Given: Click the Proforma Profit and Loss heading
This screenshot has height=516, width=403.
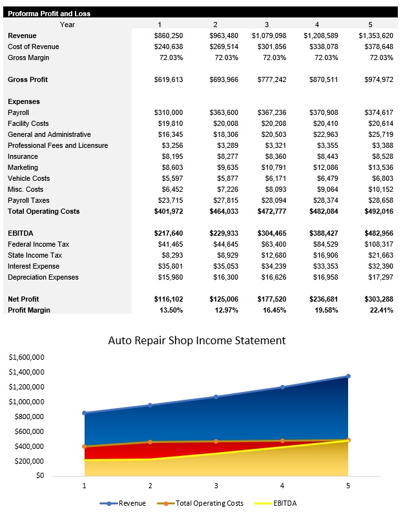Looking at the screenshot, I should point(49,14).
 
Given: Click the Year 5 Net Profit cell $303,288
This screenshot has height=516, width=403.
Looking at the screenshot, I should point(375,300).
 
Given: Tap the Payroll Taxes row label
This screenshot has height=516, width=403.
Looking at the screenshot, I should point(30,200).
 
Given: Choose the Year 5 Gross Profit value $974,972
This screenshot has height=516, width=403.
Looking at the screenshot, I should point(375,79).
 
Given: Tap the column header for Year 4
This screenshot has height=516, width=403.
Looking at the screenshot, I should point(316,25).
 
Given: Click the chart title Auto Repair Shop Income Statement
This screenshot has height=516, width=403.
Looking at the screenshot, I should point(196,340).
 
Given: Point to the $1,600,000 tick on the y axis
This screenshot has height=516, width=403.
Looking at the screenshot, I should point(26,357).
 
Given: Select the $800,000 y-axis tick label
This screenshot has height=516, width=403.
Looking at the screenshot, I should point(28,417).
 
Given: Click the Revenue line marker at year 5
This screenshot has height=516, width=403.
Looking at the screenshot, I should point(348,376).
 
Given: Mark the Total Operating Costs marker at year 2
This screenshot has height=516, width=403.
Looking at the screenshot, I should point(150,442).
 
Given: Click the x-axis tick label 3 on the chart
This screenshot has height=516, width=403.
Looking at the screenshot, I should point(216,485).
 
